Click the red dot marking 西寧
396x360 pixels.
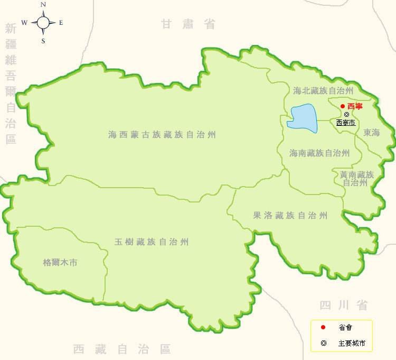[342, 106]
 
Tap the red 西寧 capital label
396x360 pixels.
[355, 106]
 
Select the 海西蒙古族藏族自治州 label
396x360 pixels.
[162, 135]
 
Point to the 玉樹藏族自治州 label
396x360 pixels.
[152, 242]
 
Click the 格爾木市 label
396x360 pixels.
[60, 262]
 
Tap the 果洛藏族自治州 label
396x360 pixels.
[290, 215]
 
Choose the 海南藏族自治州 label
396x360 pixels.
[319, 153]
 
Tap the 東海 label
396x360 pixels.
[372, 133]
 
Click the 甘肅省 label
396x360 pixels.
[188, 24]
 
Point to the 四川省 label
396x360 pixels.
[343, 305]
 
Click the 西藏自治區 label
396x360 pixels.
[122, 349]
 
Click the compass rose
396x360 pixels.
[43, 22]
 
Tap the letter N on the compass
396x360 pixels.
[43, 5]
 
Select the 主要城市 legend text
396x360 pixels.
[352, 343]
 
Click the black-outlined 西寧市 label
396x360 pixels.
[346, 123]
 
